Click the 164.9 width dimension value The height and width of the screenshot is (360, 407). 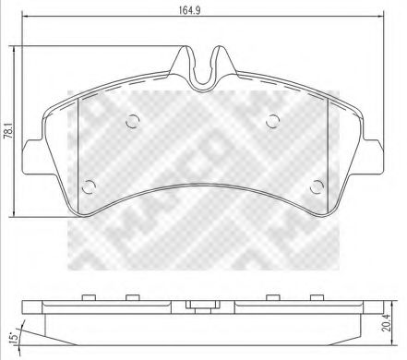coord(203,12)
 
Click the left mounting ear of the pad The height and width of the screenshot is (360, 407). coord(32,152)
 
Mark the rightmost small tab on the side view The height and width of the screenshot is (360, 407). coord(316,296)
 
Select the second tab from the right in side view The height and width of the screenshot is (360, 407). coord(272,296)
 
